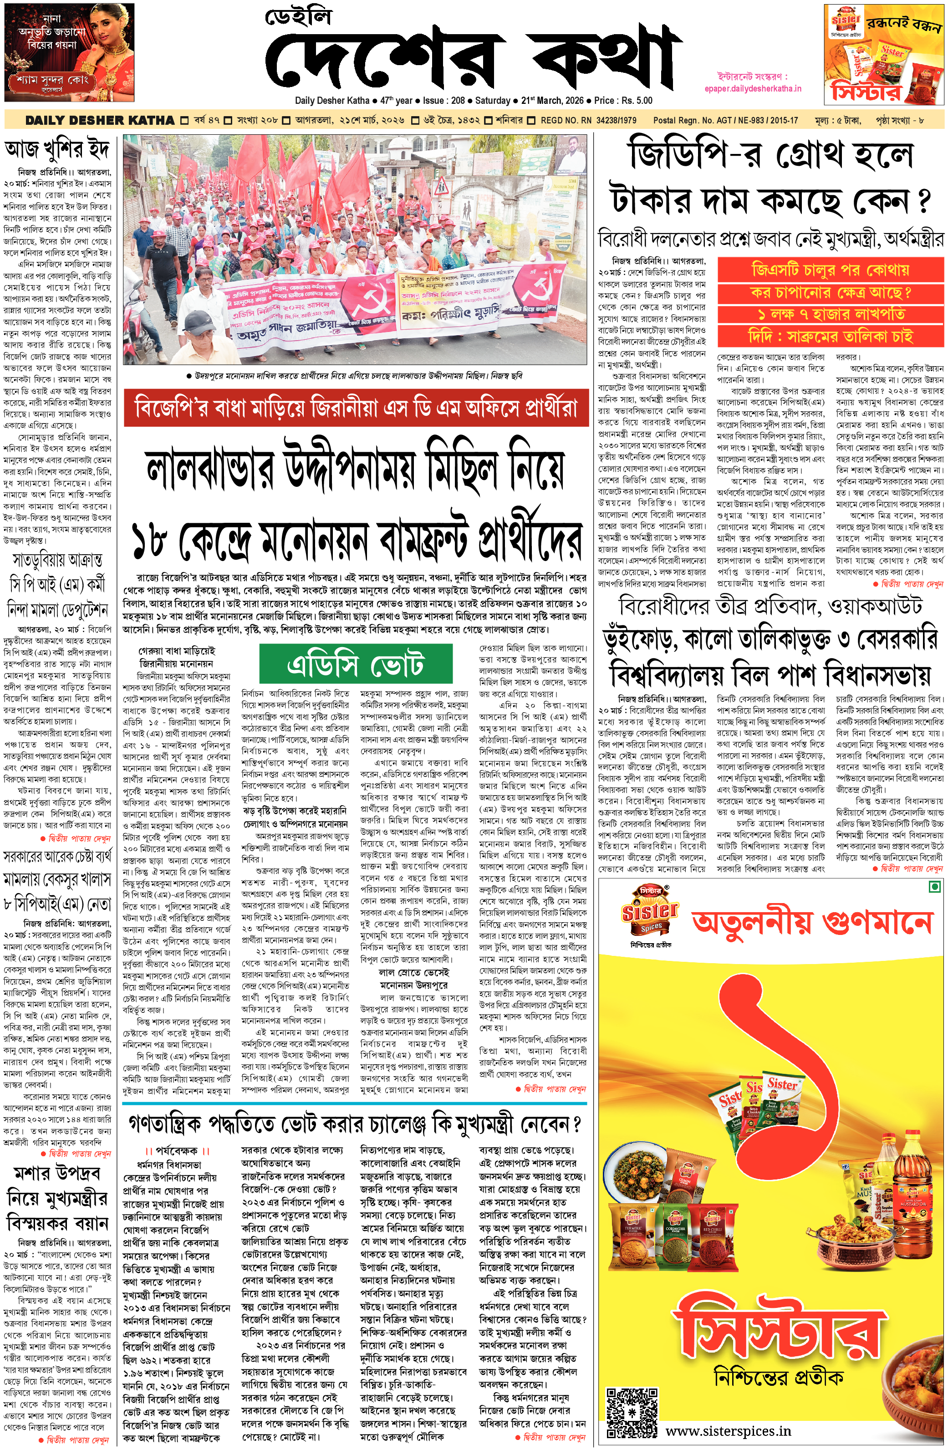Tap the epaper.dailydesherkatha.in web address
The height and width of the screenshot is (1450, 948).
tap(752, 88)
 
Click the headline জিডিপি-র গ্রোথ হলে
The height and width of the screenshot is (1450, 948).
tap(771, 155)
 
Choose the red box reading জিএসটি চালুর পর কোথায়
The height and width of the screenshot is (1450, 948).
tap(830, 270)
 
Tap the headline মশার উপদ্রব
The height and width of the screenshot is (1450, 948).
tap(57, 1173)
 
